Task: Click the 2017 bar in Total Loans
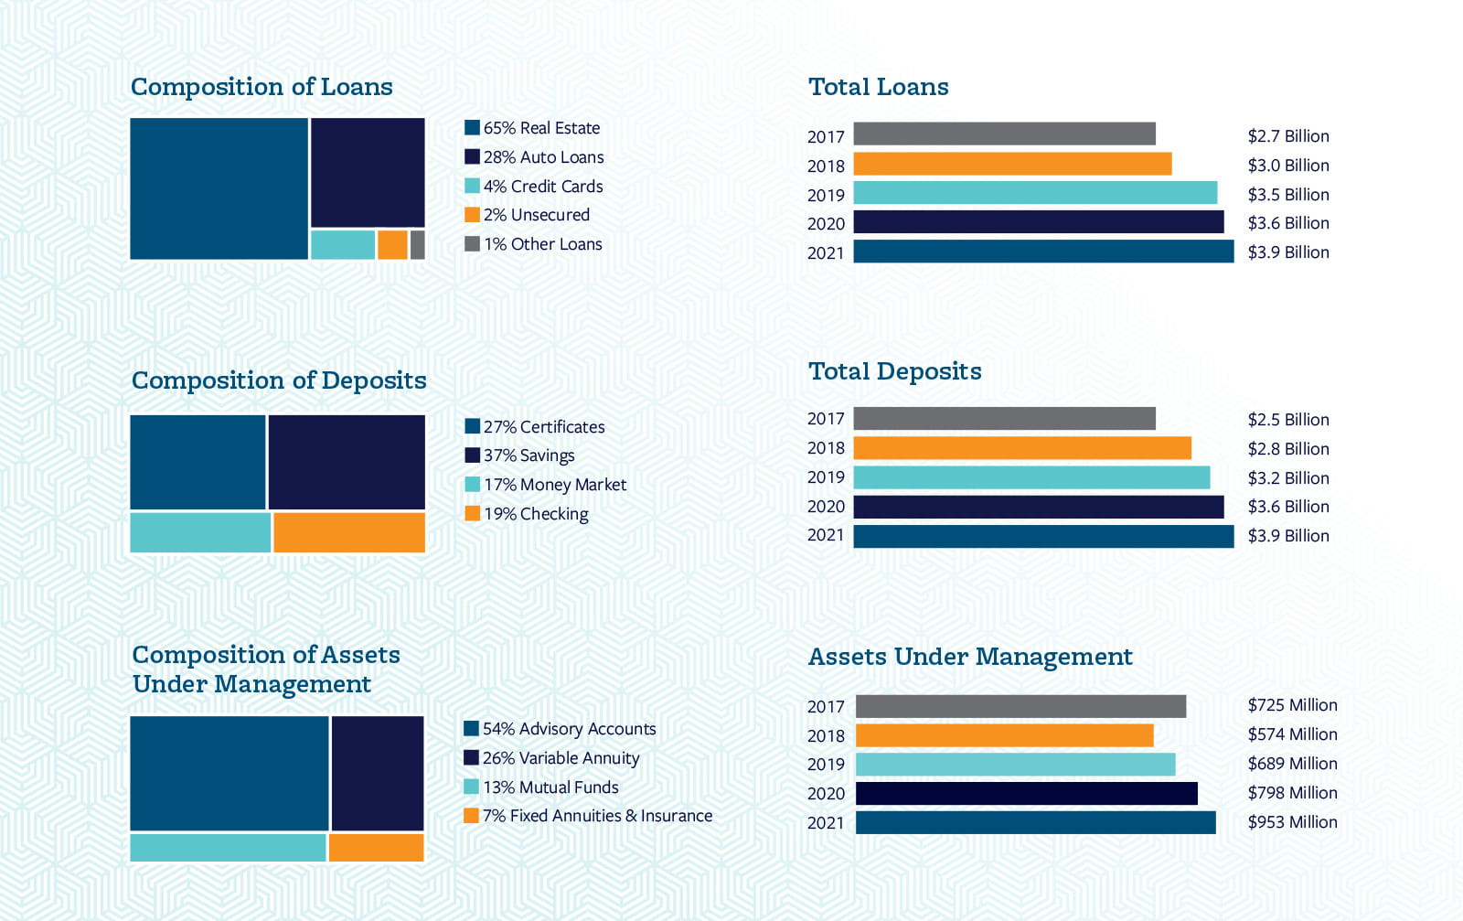pyautogui.click(x=1004, y=134)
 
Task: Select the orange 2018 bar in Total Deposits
pyautogui.click(x=1021, y=448)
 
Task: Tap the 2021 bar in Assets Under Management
pyautogui.click(x=1035, y=822)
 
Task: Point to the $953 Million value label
pyautogui.click(x=1292, y=822)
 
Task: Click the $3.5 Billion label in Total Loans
pyautogui.click(x=1287, y=195)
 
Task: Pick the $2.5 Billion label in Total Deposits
pyautogui.click(x=1287, y=420)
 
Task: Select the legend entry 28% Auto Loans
pyautogui.click(x=543, y=157)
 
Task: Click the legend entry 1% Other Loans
pyautogui.click(x=542, y=244)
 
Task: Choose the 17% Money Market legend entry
pyautogui.click(x=554, y=485)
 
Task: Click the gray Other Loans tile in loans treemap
pyautogui.click(x=418, y=245)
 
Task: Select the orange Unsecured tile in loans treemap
pyautogui.click(x=392, y=245)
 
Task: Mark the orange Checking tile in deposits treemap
pyautogui.click(x=349, y=532)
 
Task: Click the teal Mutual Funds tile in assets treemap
pyautogui.click(x=228, y=848)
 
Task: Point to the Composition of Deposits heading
pyautogui.click(x=279, y=380)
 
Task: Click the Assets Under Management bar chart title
pyautogui.click(x=970, y=657)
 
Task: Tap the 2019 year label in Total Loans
pyautogui.click(x=826, y=195)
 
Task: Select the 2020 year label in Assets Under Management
pyautogui.click(x=826, y=794)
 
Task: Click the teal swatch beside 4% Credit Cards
pyautogui.click(x=472, y=186)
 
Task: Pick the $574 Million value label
pyautogui.click(x=1292, y=734)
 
